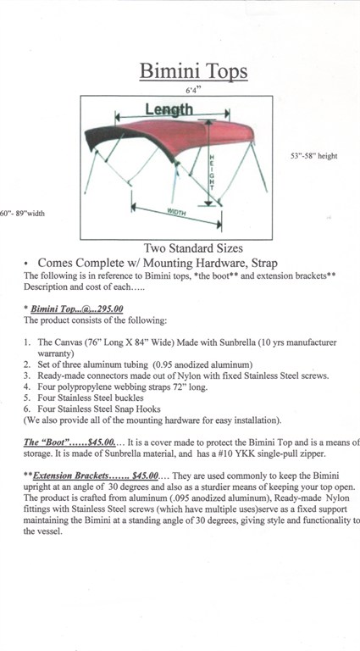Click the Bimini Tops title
pos(193,70)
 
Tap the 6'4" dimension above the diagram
pos(193,90)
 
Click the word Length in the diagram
pos(169,109)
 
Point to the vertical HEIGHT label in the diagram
pos(211,172)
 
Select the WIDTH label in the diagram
pos(176,212)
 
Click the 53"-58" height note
pos(313,156)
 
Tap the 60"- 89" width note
pos(22,214)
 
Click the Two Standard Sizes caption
pos(193,248)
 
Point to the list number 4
pos(26,387)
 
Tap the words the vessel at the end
pos(42,531)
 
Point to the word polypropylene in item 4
pos(75,387)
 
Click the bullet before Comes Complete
pos(26,264)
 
